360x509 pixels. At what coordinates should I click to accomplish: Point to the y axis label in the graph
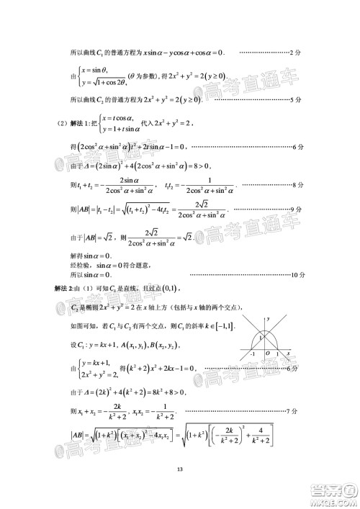[269, 317]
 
